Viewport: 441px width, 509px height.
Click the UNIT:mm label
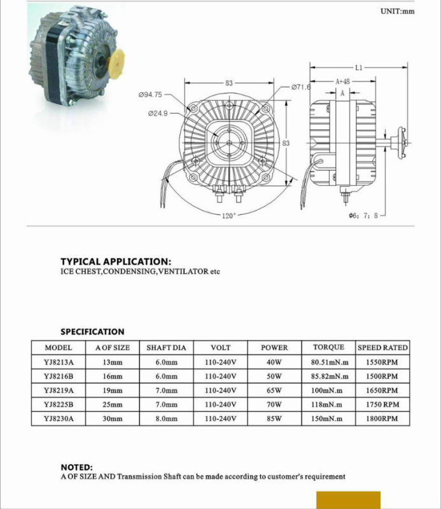(x=397, y=11)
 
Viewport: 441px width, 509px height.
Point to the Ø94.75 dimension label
(x=150, y=94)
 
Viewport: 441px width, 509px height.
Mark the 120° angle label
(x=228, y=216)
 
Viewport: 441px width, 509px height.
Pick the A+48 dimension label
(x=344, y=81)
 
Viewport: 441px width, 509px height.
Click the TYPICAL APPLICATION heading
(x=115, y=261)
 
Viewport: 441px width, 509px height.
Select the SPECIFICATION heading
(x=92, y=331)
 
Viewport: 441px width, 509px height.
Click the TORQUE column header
(x=328, y=347)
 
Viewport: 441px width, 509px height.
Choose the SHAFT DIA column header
(x=166, y=348)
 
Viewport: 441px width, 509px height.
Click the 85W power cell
(x=274, y=419)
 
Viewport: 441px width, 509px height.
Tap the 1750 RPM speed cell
(x=382, y=405)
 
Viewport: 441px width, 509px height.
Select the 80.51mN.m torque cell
(x=328, y=363)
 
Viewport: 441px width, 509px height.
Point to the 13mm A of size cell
(x=112, y=363)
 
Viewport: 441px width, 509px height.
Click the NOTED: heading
(x=76, y=467)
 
